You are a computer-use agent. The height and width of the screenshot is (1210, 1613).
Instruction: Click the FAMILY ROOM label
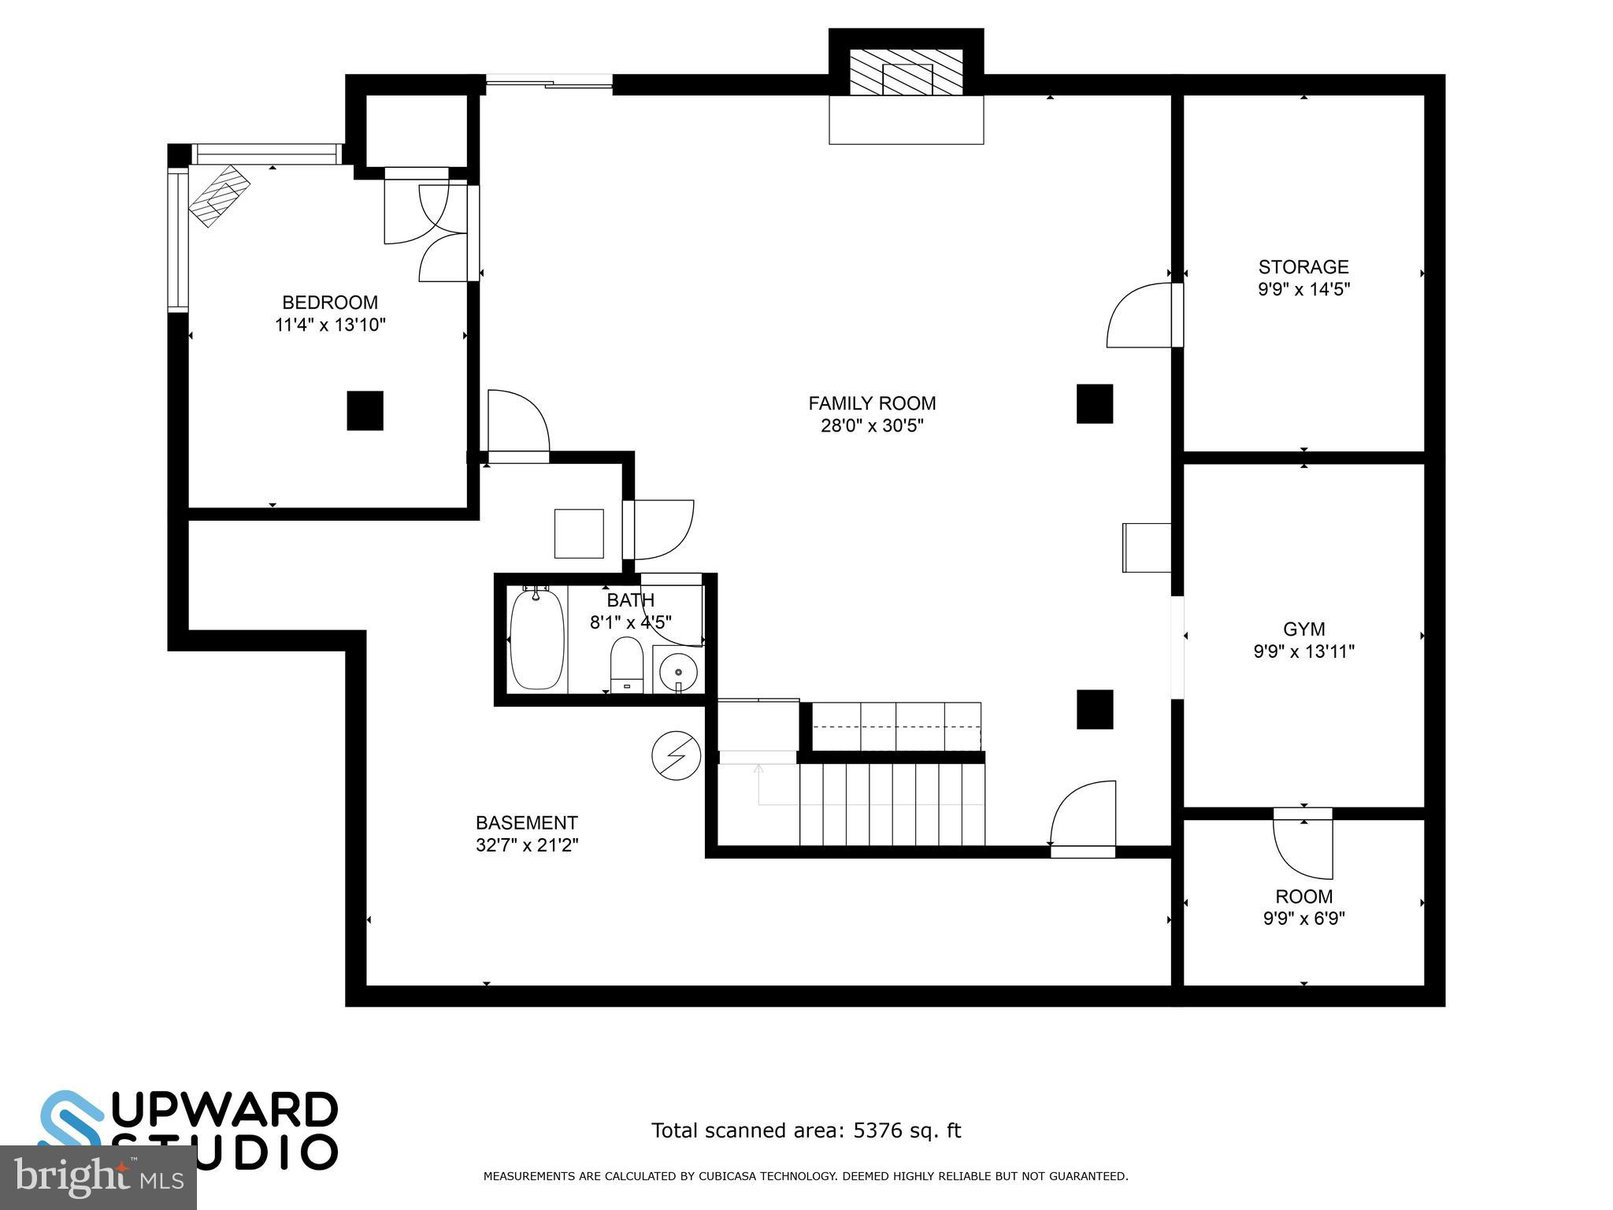click(872, 403)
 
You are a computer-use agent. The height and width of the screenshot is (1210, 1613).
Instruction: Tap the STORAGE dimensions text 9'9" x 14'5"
click(1303, 289)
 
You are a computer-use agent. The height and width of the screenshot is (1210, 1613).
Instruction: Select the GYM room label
click(1303, 629)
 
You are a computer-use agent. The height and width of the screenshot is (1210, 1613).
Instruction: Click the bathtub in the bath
click(537, 639)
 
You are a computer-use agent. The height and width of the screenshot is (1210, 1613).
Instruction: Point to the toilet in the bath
click(627, 664)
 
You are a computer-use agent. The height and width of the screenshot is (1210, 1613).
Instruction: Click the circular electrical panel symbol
click(676, 756)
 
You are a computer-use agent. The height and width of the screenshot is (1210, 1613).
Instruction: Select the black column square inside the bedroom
click(365, 410)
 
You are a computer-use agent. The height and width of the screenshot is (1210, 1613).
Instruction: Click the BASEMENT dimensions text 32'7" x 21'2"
click(527, 845)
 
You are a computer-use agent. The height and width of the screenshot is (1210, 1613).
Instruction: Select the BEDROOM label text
click(330, 302)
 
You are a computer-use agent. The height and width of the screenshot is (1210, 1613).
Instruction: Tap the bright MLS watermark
click(98, 1178)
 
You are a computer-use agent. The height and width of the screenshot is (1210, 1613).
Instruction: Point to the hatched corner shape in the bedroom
click(219, 195)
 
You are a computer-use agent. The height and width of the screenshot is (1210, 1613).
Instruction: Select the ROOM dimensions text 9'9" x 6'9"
click(1303, 919)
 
